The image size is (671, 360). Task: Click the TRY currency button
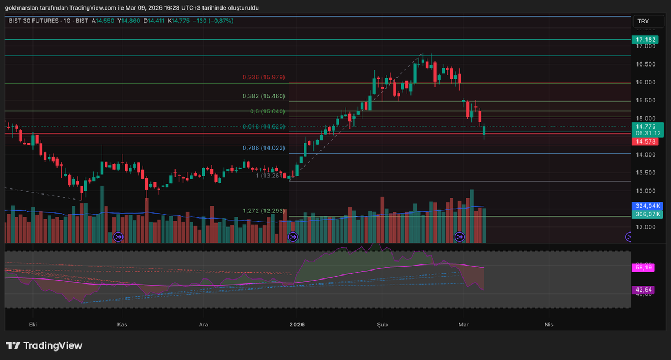643,22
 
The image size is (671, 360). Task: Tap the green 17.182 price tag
645,40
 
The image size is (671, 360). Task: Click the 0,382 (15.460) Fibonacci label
263,96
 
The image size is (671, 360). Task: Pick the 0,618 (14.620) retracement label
263,127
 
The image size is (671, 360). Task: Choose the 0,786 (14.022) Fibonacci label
263,148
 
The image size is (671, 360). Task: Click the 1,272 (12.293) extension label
263,211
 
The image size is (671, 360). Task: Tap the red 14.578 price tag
645,142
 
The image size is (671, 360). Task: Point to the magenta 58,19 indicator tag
645,268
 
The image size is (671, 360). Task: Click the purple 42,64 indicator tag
645,290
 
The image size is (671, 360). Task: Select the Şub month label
382,324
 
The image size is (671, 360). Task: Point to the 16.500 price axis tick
645,64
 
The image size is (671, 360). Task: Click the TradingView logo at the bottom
44,345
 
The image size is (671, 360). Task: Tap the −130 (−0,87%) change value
213,21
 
